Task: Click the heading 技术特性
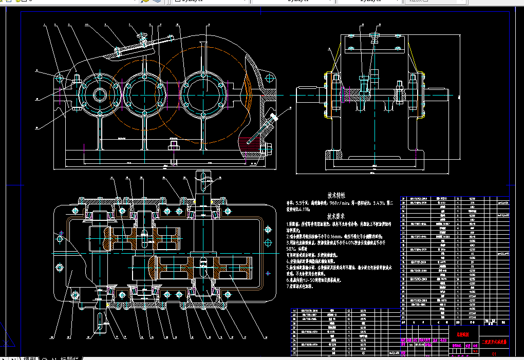(336, 196)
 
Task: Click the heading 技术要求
(336, 216)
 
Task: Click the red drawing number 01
(494, 354)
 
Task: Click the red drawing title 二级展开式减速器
(494, 342)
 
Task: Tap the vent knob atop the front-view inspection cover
(144, 36)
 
